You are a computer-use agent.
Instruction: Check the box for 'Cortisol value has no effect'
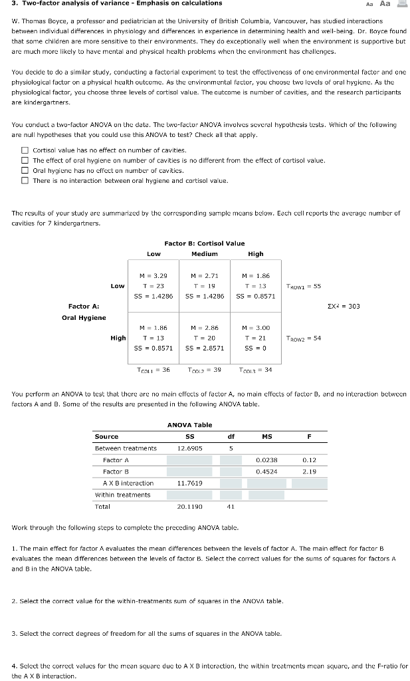point(25,150)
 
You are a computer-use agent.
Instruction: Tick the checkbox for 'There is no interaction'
point(25,180)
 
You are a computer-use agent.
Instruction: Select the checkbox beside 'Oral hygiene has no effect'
point(25,170)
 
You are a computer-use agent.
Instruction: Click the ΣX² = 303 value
point(344,306)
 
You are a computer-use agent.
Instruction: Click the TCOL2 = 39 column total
point(204,369)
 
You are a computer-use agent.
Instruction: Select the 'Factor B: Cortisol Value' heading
point(204,243)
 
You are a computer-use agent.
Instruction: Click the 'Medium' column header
point(204,253)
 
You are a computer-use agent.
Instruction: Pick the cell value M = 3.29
point(153,275)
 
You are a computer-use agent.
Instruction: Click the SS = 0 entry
point(255,347)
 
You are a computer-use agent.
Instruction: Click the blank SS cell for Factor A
point(189,460)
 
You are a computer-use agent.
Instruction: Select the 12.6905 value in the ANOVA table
point(189,448)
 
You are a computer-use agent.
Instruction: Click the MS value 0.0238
point(266,460)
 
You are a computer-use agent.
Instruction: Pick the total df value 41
point(230,506)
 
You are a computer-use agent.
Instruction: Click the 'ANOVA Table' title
point(189,424)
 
